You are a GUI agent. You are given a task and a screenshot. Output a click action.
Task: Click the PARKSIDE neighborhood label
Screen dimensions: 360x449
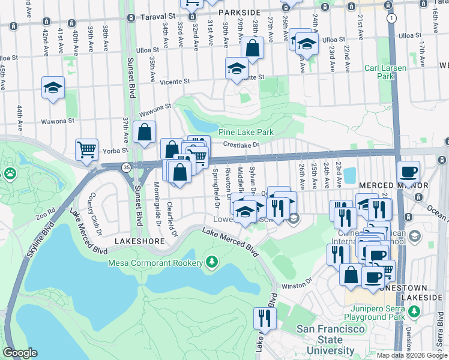coord(239,13)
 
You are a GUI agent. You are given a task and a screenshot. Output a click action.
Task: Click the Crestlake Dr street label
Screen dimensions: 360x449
coord(240,145)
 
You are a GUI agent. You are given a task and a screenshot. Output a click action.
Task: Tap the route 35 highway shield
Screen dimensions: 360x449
coord(126,166)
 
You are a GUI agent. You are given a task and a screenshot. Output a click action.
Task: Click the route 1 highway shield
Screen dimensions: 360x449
coord(391,19)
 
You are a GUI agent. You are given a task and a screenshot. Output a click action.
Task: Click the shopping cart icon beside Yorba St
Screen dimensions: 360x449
coord(86,149)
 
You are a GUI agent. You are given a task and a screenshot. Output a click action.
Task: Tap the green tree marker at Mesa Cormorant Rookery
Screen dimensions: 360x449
coord(211,262)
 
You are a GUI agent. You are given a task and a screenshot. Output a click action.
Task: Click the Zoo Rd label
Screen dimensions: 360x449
coord(44,214)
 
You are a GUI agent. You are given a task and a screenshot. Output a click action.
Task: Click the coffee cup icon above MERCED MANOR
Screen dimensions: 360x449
coord(408,172)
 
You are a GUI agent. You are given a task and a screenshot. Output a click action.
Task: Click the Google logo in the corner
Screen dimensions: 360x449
coord(20,353)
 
